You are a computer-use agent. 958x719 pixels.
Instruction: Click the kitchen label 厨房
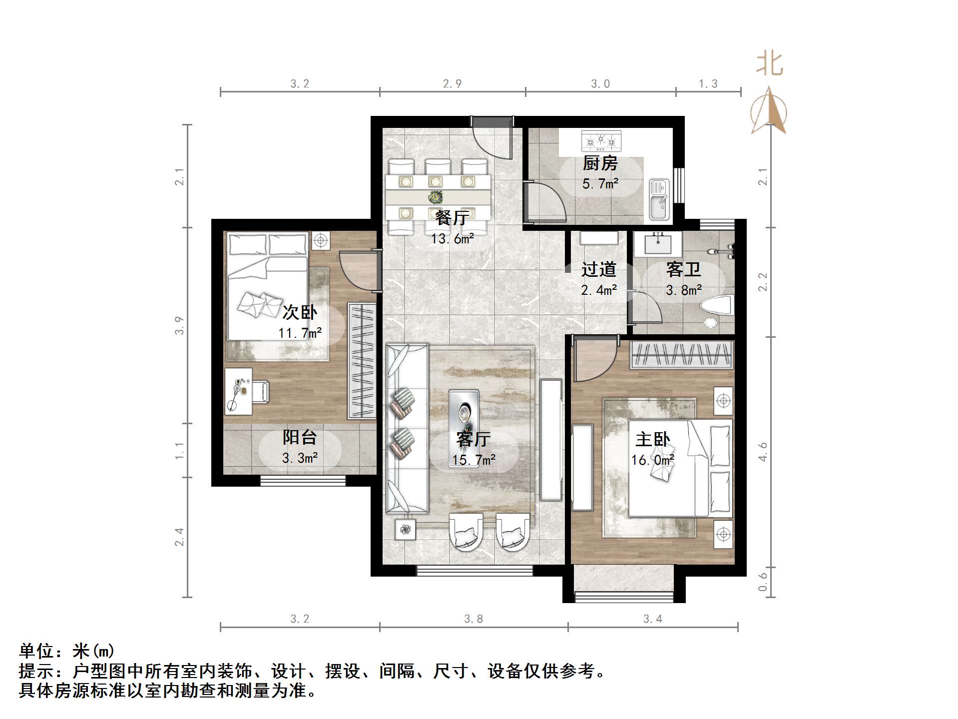pos(600,163)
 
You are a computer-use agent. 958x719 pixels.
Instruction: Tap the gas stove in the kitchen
pos(601,141)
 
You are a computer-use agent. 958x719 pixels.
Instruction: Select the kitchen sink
pos(659,200)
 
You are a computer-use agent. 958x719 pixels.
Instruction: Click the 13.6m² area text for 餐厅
pos(452,239)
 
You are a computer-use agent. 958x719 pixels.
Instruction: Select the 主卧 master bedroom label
pos(652,439)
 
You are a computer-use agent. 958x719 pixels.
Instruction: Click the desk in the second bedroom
pos(238,391)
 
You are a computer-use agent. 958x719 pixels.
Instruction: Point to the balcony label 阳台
pos(300,437)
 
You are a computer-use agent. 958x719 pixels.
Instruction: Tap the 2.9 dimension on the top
pos(452,84)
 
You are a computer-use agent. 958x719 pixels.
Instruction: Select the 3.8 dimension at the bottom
pos(473,619)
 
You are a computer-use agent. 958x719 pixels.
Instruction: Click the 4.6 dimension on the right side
pos(762,452)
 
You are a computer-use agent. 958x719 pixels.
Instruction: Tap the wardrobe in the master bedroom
pos(681,355)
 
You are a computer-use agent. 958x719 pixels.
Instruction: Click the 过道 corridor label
pos(598,270)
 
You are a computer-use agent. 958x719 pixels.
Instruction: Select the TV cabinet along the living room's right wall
pos(551,440)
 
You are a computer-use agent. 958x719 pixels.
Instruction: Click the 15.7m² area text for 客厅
pos(474,460)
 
